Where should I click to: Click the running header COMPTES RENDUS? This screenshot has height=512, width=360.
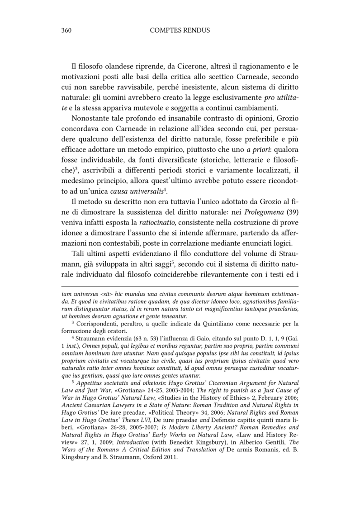pyautogui.click(x=180, y=30)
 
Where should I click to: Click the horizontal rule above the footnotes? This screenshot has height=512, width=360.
pyautogui.click(x=180, y=287)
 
